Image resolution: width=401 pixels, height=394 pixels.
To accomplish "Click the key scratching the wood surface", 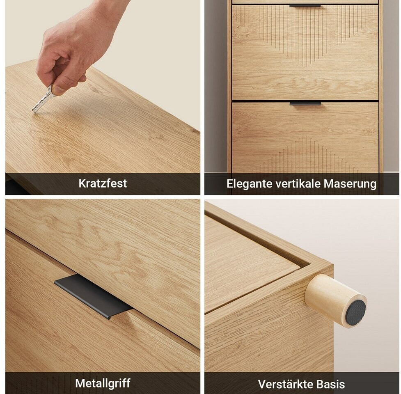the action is (x=43, y=100).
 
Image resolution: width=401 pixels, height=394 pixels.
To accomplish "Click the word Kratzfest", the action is (x=103, y=183).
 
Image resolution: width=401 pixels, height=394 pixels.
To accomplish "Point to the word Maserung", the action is (x=350, y=184).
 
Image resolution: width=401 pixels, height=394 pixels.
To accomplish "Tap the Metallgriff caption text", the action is (x=103, y=383).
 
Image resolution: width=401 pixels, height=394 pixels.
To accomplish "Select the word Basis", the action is (x=330, y=384).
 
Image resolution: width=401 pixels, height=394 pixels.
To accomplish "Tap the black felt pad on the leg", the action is (x=355, y=311).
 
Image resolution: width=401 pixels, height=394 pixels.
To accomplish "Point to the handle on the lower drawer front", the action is (x=305, y=103).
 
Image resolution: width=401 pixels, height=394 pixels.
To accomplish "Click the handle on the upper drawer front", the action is (x=305, y=5).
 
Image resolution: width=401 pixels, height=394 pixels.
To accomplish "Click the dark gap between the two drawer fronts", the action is (x=305, y=101).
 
